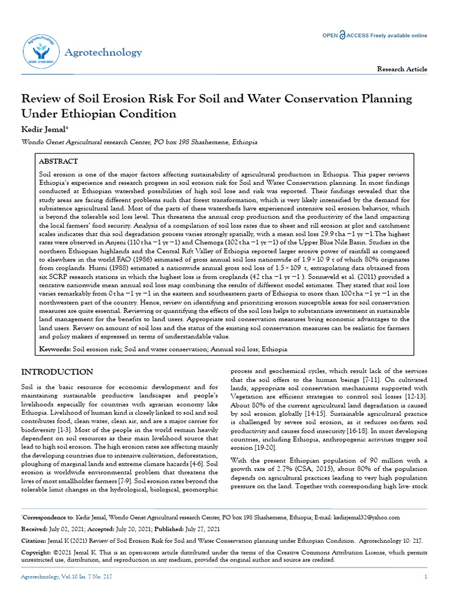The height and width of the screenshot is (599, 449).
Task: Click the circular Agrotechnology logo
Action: pos(42,52)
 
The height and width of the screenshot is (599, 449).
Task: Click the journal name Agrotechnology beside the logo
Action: pos(103,53)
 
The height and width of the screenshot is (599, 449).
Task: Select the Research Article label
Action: pos(402,69)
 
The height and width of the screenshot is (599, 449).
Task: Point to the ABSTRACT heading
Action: pos(58,161)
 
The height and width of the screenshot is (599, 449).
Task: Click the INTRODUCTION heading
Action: pos(57,372)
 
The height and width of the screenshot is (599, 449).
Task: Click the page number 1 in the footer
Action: pos(426,577)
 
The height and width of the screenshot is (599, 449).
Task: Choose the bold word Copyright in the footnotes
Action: pos(37,552)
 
